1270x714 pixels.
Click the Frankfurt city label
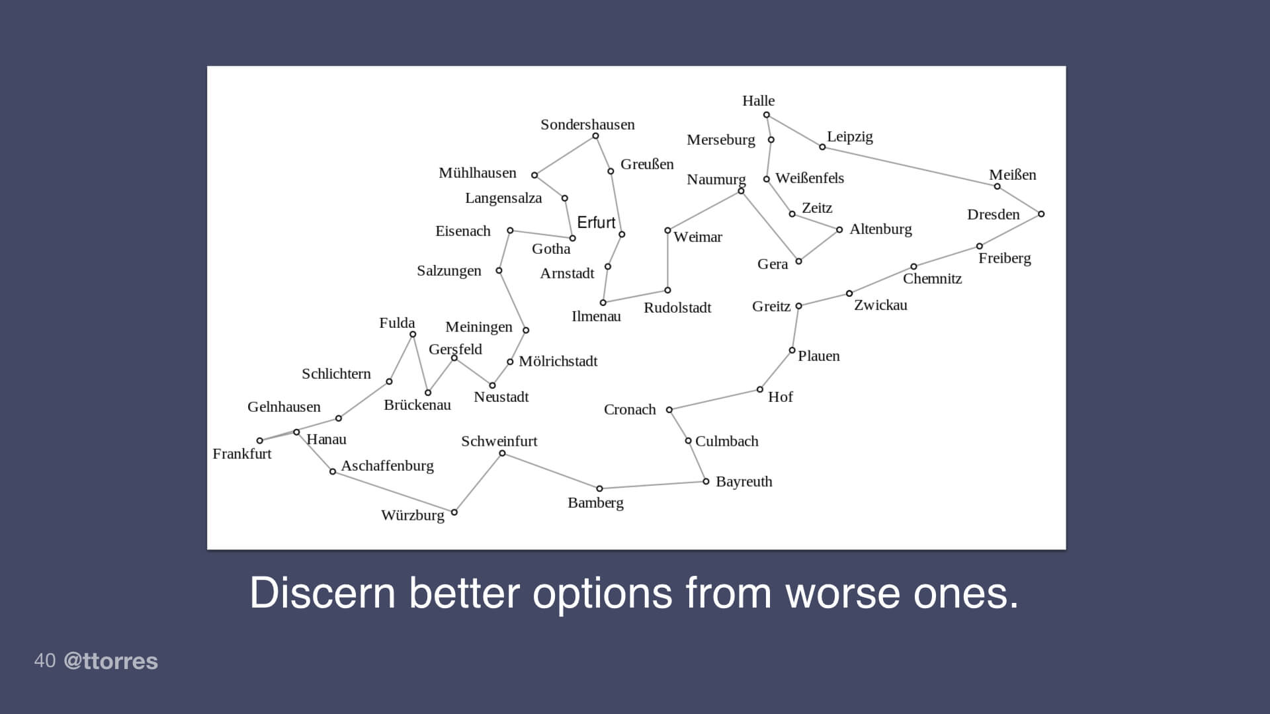click(x=241, y=454)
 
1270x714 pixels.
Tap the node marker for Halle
click(x=767, y=115)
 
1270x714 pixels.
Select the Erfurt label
click(x=596, y=223)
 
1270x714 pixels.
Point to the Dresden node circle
click(x=1041, y=214)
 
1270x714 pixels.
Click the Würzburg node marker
click(x=454, y=512)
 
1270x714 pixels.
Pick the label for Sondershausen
click(x=587, y=124)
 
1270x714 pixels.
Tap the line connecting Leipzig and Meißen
click(x=910, y=167)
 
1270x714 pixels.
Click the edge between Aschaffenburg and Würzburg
click(x=394, y=492)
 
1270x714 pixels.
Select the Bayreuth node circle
click(x=706, y=481)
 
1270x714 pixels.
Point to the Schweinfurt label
click(x=499, y=441)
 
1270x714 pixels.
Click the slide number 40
click(x=44, y=660)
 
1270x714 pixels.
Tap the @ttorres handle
click(x=110, y=661)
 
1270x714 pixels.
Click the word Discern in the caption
click(x=322, y=593)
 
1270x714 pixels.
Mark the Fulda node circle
click(x=413, y=335)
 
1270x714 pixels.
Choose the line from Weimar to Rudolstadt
click(x=667, y=260)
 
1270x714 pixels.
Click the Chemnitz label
click(x=932, y=278)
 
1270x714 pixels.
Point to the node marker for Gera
click(x=798, y=261)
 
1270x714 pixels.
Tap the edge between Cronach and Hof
click(x=714, y=400)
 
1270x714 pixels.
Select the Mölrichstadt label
click(x=558, y=361)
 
